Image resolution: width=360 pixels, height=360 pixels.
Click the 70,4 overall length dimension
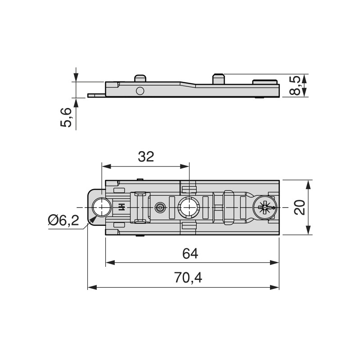[x=188, y=277]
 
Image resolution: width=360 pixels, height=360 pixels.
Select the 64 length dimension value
[x=190, y=254]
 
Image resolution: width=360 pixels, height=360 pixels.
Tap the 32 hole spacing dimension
[x=146, y=157]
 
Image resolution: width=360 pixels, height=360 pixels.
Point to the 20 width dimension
[x=300, y=207]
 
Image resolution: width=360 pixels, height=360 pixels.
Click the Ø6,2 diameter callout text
[x=63, y=220]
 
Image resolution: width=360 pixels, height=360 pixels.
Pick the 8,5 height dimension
[x=295, y=85]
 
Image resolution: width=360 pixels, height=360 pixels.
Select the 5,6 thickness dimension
[x=66, y=117]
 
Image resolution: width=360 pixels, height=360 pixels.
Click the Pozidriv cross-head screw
[x=265, y=207]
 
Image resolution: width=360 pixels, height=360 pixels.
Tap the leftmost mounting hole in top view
[x=102, y=207]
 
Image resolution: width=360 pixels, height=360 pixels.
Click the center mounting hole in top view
[x=189, y=207]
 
